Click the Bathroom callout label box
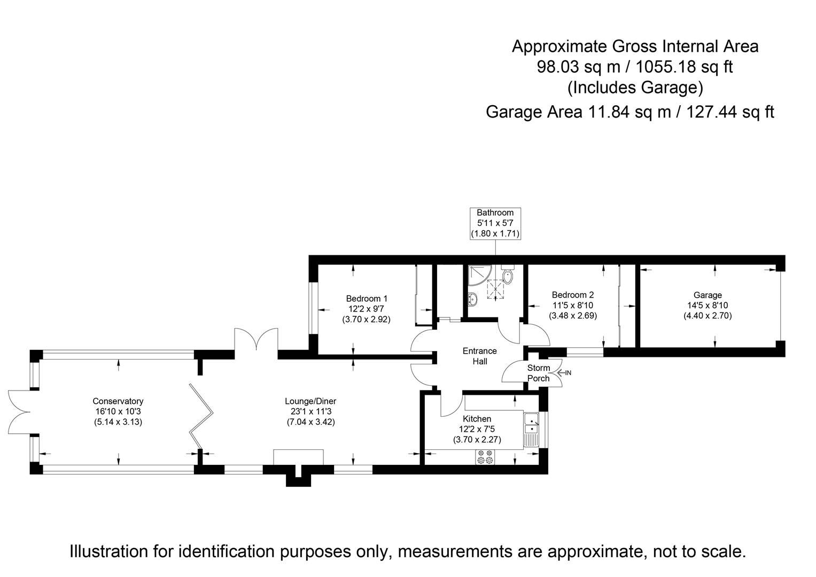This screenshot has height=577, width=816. point(495,223)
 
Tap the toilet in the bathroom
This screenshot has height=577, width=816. point(508,276)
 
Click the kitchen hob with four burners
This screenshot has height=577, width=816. point(485,457)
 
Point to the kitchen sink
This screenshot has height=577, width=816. point(531,423)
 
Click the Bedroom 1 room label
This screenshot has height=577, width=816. point(367,299)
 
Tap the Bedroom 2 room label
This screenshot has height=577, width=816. point(573,295)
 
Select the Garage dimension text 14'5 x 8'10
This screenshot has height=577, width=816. point(708,306)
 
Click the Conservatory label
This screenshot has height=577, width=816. point(118,401)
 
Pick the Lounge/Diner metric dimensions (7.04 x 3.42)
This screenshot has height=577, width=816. point(310,422)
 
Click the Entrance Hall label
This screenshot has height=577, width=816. point(479,356)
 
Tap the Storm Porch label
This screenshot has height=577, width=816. point(538,373)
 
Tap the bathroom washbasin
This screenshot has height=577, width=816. point(472,299)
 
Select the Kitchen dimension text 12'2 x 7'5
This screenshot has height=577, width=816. point(477,429)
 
